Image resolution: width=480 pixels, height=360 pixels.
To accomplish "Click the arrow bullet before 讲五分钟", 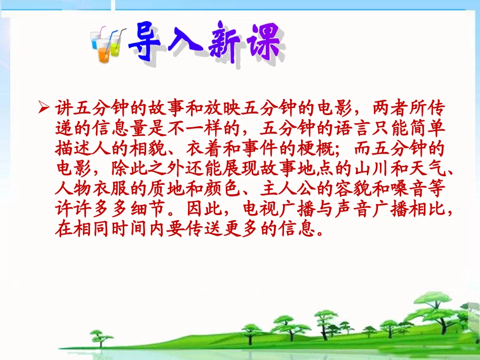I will tap(44, 108).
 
